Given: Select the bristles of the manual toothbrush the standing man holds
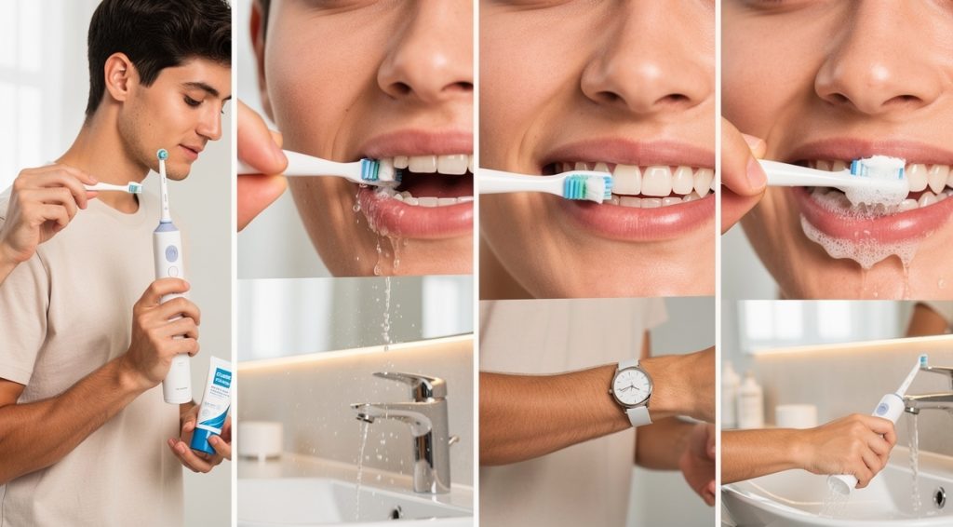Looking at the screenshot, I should coord(135,188).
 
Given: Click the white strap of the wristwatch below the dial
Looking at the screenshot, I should coord(638,415).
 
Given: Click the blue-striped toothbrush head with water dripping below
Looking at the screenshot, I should coord(372,169).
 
